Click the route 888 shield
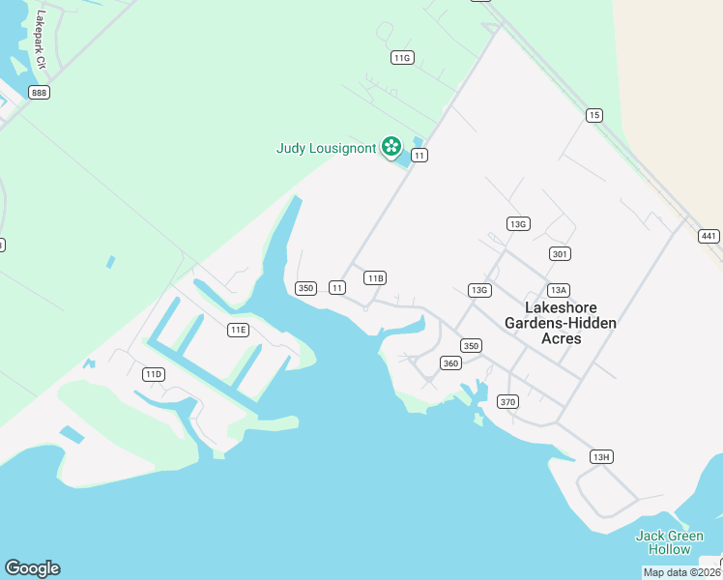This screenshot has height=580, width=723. pos(39,93)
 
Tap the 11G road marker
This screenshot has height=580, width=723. pos(402,58)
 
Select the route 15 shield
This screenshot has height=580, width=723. pos(593,116)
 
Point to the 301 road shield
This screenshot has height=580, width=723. pos(559,254)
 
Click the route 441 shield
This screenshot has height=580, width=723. pos(709,236)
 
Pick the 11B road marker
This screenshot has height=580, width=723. pos(375,278)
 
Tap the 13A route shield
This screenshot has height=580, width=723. pos(558,290)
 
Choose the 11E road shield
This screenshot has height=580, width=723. pos(238,330)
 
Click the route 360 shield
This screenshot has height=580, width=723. pos(450,363)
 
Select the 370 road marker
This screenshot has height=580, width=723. pos(507,401)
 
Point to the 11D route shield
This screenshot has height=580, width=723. pos(153,374)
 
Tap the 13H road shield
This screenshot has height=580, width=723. pos(601,457)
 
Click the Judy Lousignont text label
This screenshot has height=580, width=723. pos(326,148)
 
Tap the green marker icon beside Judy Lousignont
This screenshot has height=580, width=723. pos(391,147)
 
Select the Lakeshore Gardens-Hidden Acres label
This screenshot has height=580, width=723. pos(561,323)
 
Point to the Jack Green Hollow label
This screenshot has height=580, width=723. pos(670,542)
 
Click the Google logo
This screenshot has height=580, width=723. pos(32,568)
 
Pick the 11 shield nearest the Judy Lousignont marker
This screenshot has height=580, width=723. pos(419,155)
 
